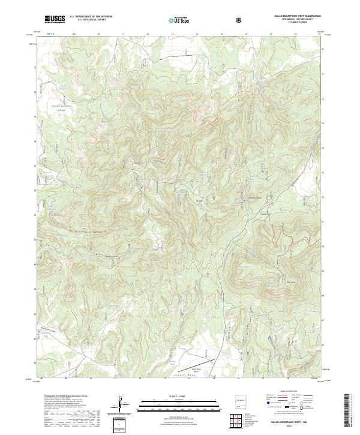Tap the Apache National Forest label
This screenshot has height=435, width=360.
pos(63,108)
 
